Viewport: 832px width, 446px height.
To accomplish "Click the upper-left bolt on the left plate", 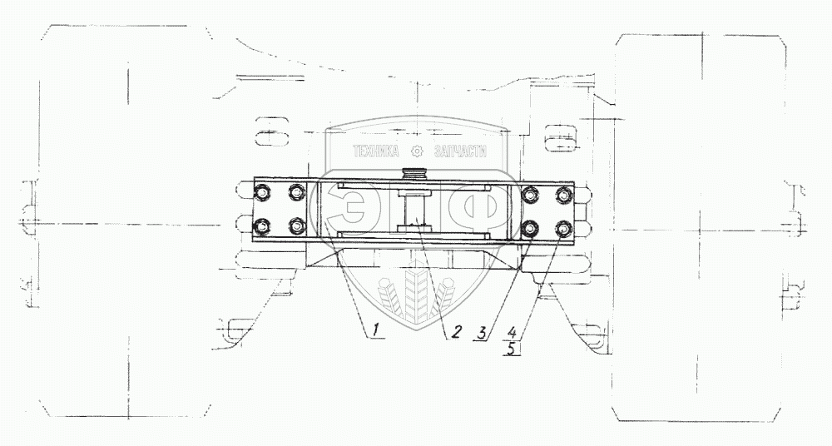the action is point(264,194).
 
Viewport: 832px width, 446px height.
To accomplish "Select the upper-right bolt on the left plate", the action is point(295,194).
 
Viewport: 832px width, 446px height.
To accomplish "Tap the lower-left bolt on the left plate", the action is point(264,225).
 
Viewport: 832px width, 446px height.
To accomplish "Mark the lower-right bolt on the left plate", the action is point(295,225).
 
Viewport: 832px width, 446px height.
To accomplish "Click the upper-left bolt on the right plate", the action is point(530,195).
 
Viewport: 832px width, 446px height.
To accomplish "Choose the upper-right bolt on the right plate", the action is point(563,195).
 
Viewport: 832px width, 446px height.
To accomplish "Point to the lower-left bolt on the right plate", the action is point(530,226).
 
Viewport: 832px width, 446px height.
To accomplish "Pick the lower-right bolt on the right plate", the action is point(563,226).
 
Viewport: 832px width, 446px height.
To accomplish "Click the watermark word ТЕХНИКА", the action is point(377,152).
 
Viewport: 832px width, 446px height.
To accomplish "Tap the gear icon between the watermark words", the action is point(417,152).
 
